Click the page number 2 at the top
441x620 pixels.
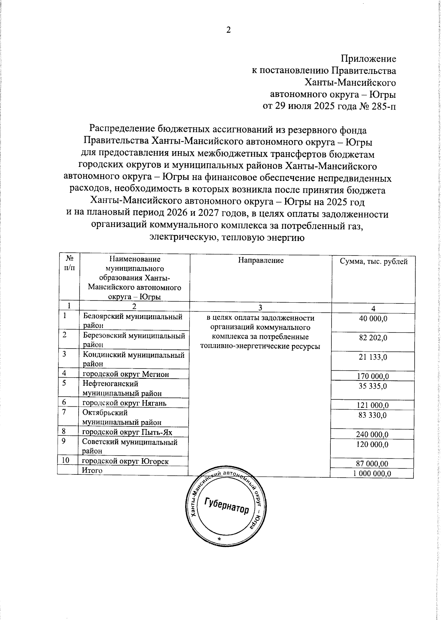coord(228,31)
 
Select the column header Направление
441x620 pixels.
coord(261,261)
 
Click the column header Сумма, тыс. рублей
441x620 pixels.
coord(373,261)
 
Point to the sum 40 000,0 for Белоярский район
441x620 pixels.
coord(373,319)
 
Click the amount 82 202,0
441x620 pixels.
coord(373,338)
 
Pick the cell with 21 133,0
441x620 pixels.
coord(373,357)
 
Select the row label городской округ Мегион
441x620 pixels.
coord(126,374)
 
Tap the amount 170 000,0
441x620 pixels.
coord(373,376)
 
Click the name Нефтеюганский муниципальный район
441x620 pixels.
coord(122,388)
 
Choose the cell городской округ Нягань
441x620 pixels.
coord(124,403)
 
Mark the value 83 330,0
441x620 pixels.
coord(373,415)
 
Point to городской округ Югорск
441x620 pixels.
coord(125,461)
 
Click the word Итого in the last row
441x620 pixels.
coord(92,470)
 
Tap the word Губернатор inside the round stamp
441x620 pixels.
coord(227,507)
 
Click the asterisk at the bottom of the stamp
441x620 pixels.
coord(220,539)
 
